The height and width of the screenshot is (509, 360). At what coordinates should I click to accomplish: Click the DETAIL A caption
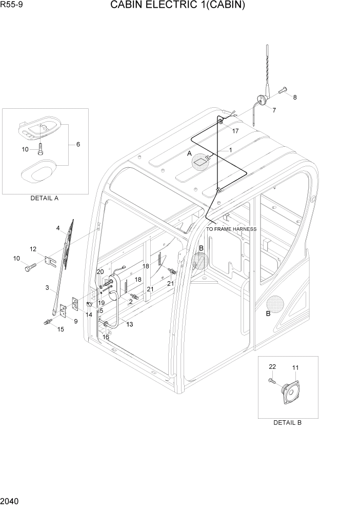pos(45,198)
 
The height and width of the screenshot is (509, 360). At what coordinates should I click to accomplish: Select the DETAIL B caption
pos(287,422)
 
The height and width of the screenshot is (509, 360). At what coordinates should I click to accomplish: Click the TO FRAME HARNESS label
pos(231,229)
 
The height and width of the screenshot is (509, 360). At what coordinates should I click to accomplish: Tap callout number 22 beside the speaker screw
pos(272,366)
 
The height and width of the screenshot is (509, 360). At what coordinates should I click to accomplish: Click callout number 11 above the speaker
pos(295,368)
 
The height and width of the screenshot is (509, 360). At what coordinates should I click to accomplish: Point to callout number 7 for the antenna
pos(273,110)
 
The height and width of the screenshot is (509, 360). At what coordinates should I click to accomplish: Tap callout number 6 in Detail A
pos(78,145)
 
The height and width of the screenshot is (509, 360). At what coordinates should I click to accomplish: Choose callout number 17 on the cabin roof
pos(235,131)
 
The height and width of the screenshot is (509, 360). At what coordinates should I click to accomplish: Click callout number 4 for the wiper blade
pos(58,228)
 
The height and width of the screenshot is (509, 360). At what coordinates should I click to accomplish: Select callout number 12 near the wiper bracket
pos(33,249)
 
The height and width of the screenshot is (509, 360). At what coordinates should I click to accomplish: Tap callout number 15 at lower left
pos(61,329)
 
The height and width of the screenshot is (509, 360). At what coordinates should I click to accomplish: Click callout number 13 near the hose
pos(129,324)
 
